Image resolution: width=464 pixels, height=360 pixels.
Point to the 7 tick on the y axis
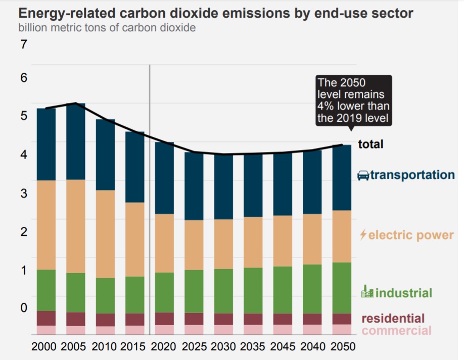23,44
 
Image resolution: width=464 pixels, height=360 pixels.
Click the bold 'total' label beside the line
370,144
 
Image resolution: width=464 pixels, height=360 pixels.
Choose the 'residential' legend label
393,318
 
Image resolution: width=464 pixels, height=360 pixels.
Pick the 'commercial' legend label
397,331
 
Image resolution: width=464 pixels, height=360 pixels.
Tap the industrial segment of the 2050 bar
342,288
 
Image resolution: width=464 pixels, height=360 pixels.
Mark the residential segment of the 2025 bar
194,319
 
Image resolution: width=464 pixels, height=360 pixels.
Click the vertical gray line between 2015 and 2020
150,202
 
